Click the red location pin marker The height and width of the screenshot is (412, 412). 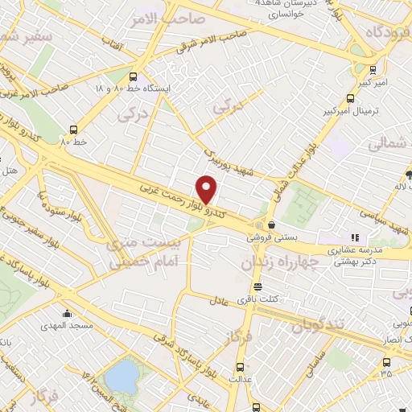coord(208,188)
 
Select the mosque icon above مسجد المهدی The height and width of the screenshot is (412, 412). coord(67,312)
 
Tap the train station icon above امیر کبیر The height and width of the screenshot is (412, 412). coord(374,70)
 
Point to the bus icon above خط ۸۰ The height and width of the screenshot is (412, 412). coord(74,128)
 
